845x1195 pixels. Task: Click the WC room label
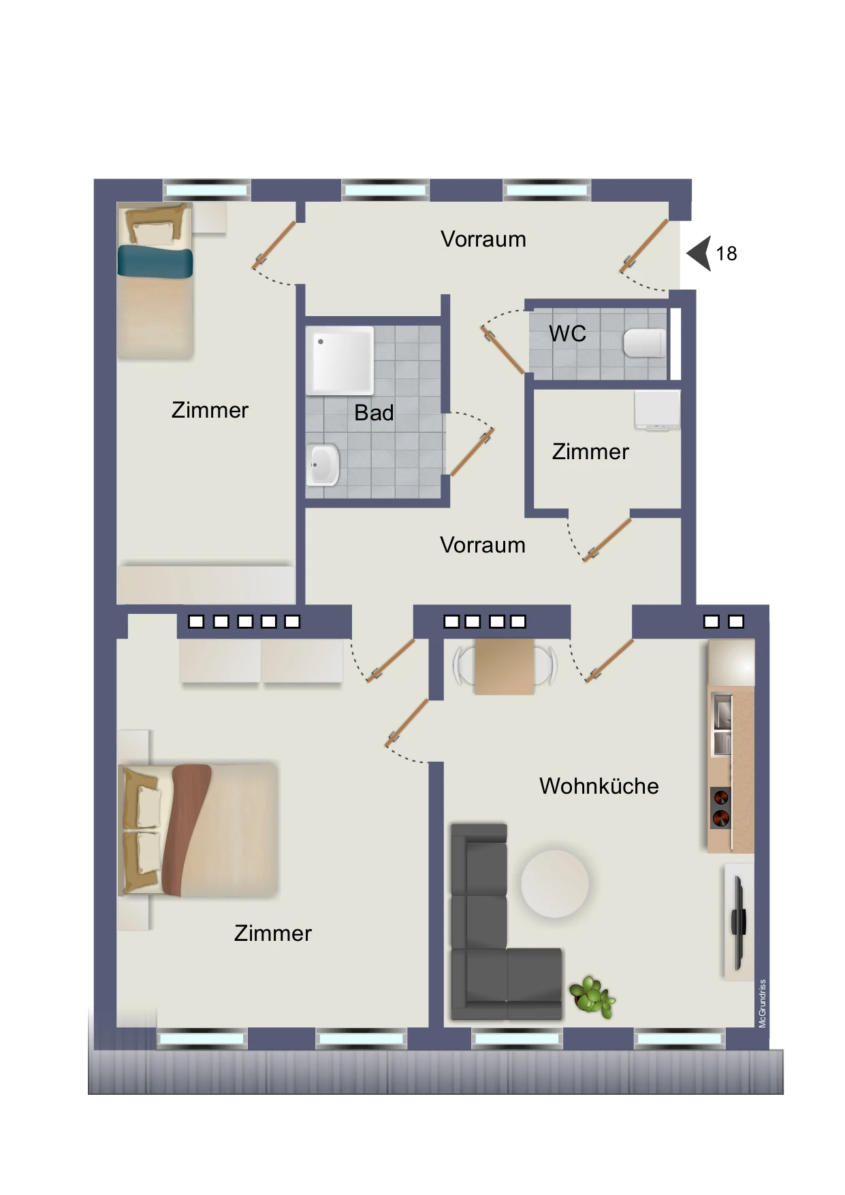pyautogui.click(x=567, y=333)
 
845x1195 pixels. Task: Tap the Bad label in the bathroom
pyautogui.click(x=374, y=412)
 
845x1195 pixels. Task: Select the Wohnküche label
pyautogui.click(x=599, y=786)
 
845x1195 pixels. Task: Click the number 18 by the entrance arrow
pyautogui.click(x=726, y=253)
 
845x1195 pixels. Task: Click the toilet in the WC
pyautogui.click(x=644, y=343)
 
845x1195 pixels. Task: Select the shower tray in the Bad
pyautogui.click(x=340, y=360)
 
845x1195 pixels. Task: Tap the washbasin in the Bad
pyautogui.click(x=322, y=465)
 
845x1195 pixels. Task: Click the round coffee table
pyautogui.click(x=554, y=883)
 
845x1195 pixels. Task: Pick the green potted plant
pyautogui.click(x=592, y=997)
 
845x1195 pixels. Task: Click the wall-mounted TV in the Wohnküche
pyautogui.click(x=738, y=922)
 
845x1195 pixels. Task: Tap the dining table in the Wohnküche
pyautogui.click(x=504, y=666)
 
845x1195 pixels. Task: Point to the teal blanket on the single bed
pyautogui.click(x=155, y=262)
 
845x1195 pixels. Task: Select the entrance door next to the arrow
pyautogui.click(x=643, y=246)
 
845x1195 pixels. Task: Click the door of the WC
pyautogui.click(x=503, y=350)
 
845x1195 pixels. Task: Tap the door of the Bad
pyautogui.click(x=471, y=452)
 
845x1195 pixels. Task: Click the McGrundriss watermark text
pyautogui.click(x=763, y=1003)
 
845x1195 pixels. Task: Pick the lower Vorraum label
pyautogui.click(x=483, y=545)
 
